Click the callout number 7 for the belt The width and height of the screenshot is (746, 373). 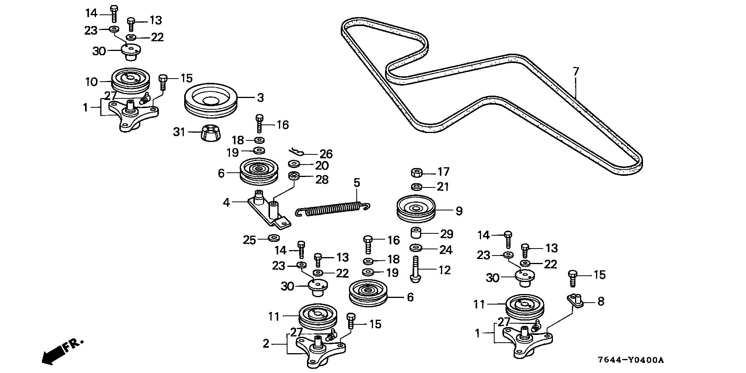pos(576,72)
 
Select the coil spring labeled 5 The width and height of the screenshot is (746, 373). pos(332,209)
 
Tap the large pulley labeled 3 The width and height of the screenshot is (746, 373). pos(211,100)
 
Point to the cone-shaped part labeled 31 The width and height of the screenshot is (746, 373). pos(211,133)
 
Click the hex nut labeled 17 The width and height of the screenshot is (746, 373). pos(417,172)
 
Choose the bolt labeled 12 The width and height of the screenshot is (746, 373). pos(415,269)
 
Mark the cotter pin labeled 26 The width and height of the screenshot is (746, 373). pos(300,152)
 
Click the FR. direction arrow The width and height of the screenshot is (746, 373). pos(62,350)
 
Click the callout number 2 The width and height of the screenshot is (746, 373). pos(266,344)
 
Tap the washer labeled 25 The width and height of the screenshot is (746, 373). pos(274,237)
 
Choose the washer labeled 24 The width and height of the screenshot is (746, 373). pos(417,248)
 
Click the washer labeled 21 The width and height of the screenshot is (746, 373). pos(417,187)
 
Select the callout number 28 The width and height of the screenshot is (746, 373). pos(322,180)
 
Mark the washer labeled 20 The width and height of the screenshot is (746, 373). pos(294,163)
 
